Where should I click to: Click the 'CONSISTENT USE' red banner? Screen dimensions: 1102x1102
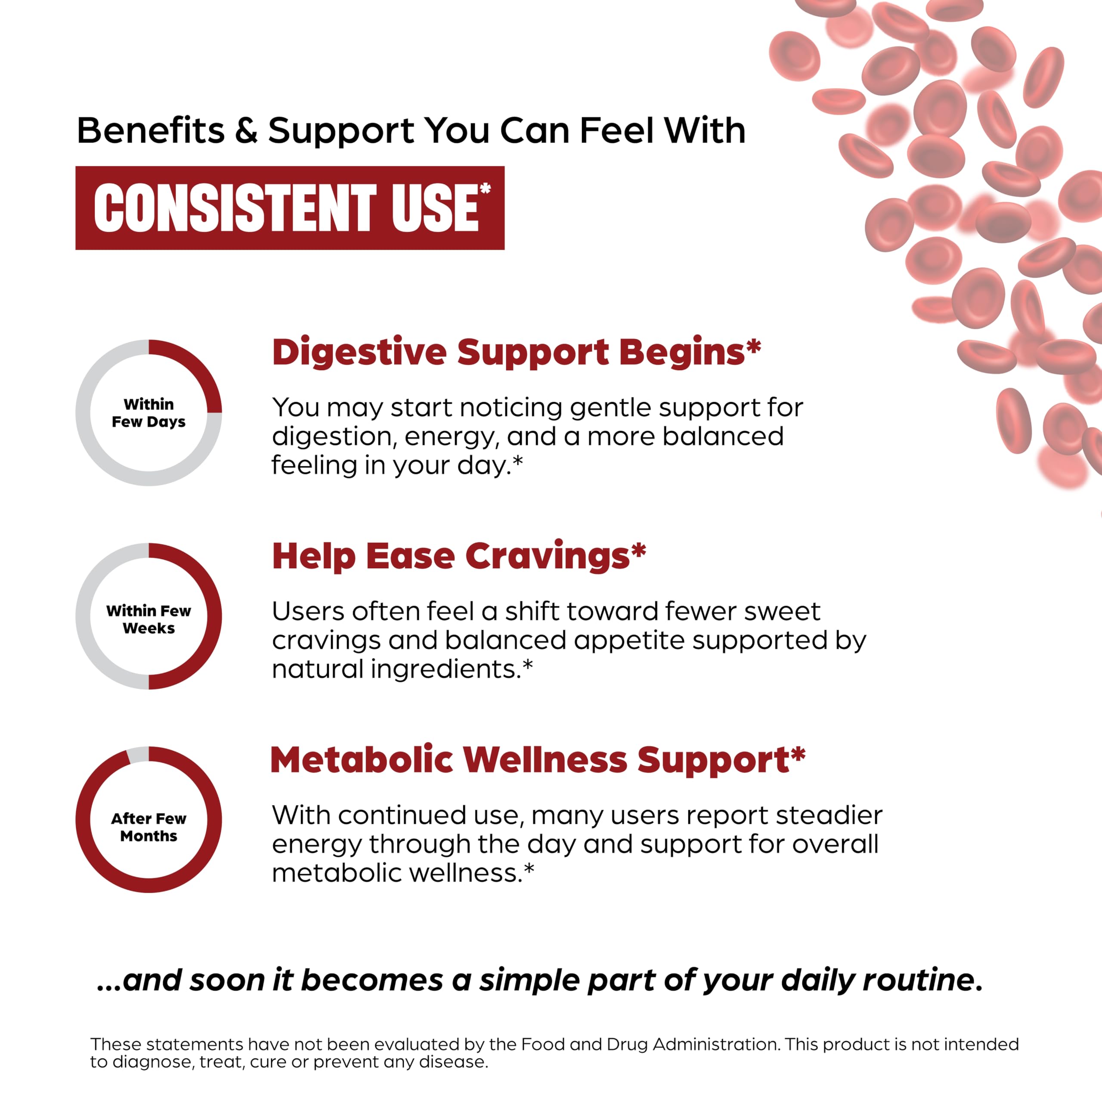(289, 207)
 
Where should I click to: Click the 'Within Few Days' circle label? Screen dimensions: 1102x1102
(149, 412)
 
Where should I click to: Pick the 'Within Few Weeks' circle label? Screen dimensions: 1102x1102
(149, 619)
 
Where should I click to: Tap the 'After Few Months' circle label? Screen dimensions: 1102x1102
(149, 827)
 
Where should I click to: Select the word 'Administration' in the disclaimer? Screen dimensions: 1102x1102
(716, 1044)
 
